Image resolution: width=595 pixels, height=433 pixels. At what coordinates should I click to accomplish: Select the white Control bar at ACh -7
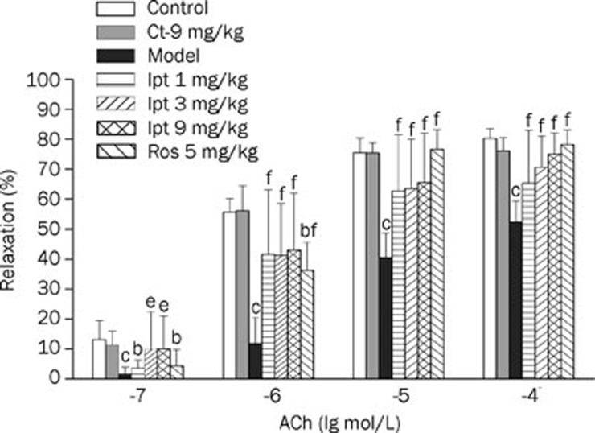(x=99, y=358)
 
